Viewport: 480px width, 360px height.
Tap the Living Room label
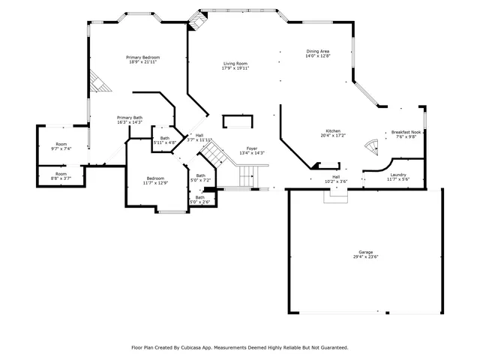click(235, 64)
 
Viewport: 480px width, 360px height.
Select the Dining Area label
click(317, 52)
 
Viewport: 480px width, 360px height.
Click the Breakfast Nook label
click(406, 133)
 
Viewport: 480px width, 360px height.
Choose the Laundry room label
click(397, 175)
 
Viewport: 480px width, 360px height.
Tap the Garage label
click(365, 251)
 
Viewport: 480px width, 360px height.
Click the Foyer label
click(253, 148)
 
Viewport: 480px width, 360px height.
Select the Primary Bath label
click(129, 118)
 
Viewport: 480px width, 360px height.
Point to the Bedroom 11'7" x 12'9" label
click(155, 178)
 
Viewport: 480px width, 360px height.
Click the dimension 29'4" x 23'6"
click(365, 256)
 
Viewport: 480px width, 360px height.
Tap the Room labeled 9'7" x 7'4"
click(61, 144)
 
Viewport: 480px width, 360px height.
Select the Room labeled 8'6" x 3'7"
click(61, 175)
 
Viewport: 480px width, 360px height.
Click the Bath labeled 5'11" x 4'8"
click(164, 138)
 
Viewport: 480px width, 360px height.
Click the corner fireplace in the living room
click(196, 23)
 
